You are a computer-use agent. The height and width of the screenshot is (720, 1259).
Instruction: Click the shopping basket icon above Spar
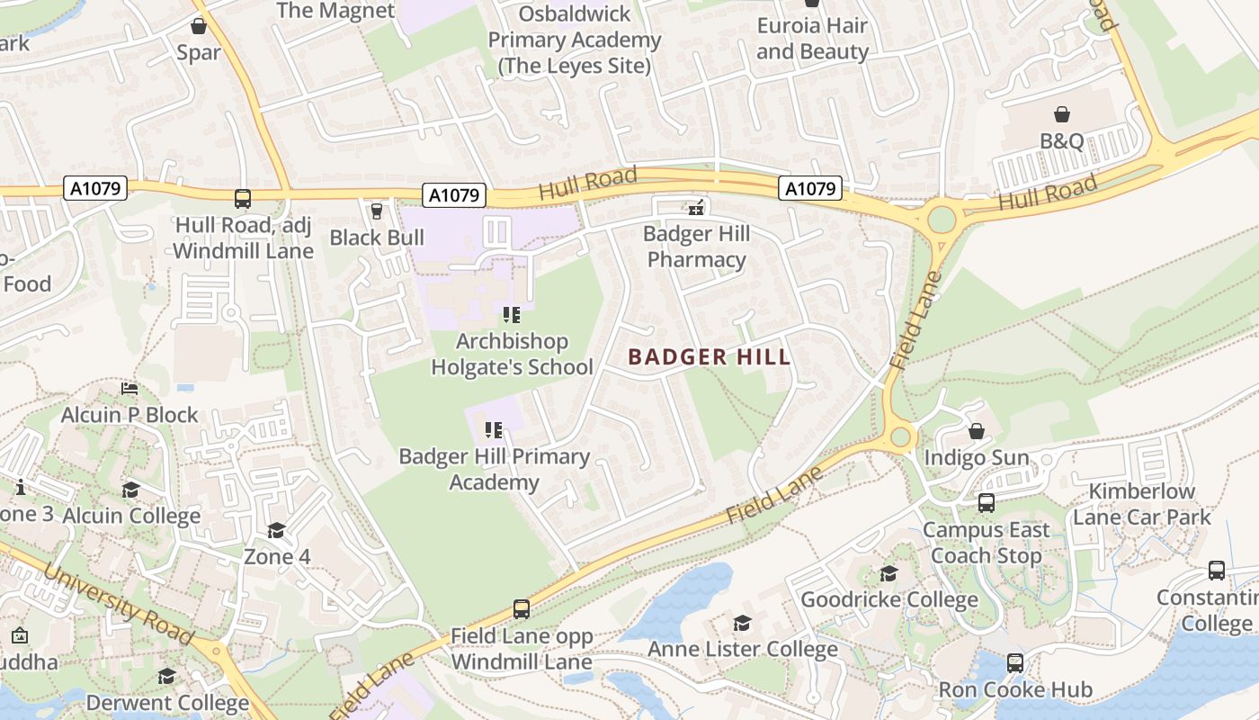tap(198, 26)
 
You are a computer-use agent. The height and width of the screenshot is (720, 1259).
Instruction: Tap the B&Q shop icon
tap(1062, 114)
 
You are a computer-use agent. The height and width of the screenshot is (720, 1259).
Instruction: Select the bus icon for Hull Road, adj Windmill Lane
tap(242, 199)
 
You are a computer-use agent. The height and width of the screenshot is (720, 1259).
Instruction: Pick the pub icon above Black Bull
tap(377, 211)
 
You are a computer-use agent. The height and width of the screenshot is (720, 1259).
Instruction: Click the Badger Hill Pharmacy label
tap(696, 247)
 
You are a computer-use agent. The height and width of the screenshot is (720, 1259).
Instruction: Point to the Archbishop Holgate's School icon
tap(512, 315)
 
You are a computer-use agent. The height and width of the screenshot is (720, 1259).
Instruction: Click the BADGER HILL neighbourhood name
tap(710, 357)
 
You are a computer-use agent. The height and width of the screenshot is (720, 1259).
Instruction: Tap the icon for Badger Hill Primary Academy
tap(493, 430)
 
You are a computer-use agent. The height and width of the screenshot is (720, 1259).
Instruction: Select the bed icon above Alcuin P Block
tap(129, 389)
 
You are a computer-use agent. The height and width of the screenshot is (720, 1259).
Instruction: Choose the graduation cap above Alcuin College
tap(131, 490)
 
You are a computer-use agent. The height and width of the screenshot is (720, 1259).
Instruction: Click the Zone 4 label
tap(277, 557)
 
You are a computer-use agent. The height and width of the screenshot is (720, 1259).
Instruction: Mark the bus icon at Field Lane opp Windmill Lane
tap(522, 609)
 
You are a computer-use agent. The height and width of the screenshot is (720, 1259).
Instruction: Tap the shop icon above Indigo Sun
tap(977, 431)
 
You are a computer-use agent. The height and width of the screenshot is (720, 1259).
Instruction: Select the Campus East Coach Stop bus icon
tap(987, 503)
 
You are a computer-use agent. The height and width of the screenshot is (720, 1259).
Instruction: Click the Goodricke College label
tap(888, 599)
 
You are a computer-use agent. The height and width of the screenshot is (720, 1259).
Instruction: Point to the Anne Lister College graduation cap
tap(742, 623)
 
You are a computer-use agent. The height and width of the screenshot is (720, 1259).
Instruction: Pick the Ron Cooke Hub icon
tap(1015, 663)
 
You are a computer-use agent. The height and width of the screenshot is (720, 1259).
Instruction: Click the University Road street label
tap(118, 604)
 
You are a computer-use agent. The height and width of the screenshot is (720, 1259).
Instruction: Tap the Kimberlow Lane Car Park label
tap(1142, 504)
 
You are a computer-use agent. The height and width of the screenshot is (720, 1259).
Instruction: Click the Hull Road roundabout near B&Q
tap(942, 219)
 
